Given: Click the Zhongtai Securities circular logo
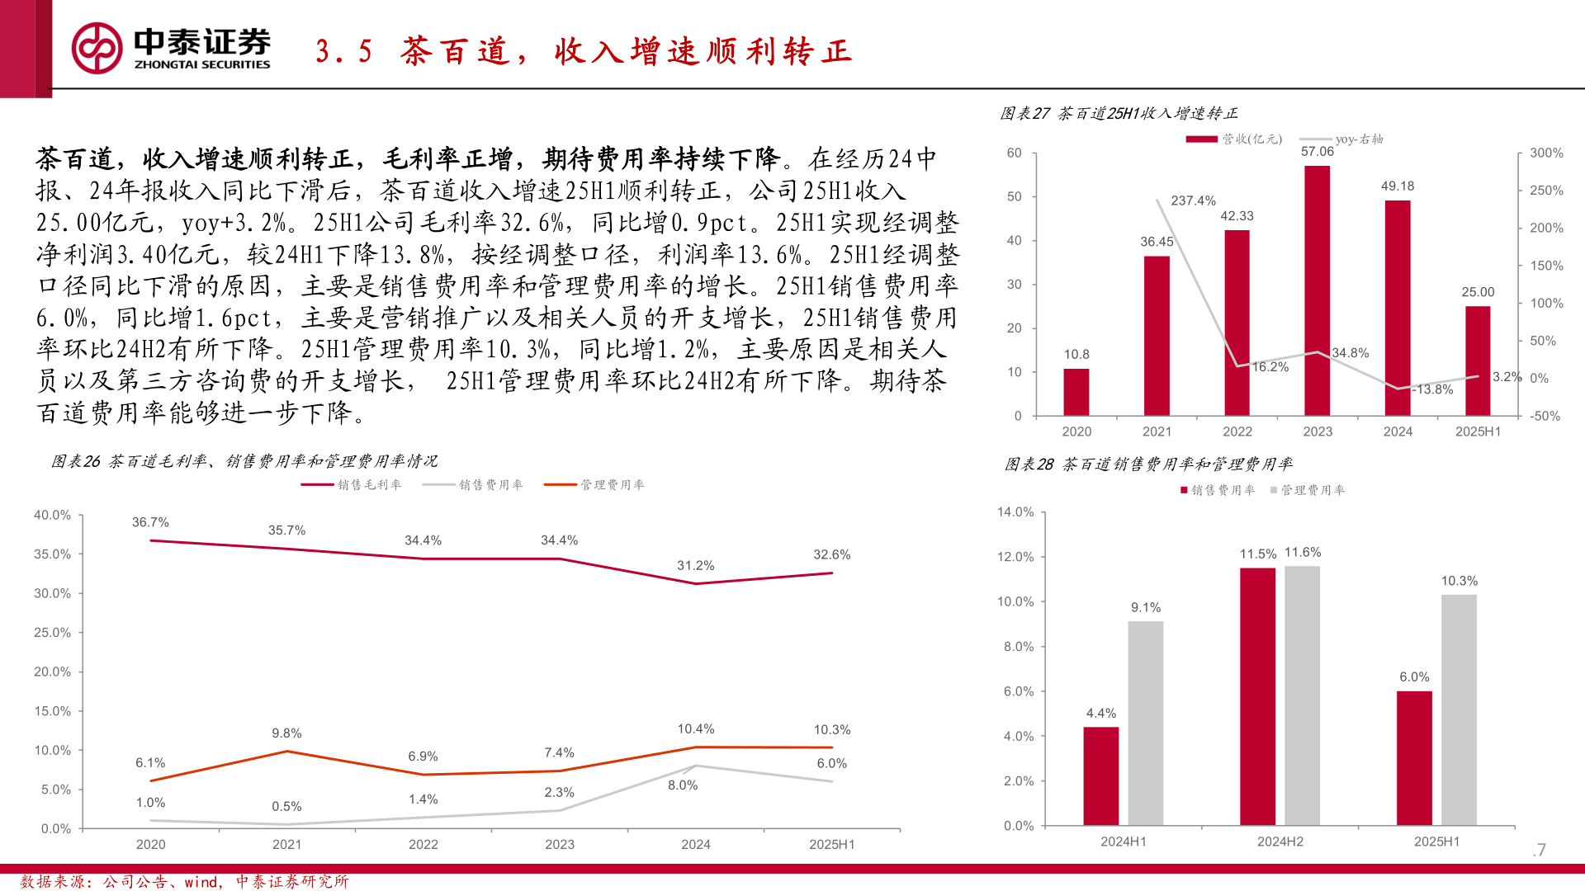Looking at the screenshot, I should coord(97,48).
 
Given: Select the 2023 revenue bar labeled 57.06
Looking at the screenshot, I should coord(1317,289).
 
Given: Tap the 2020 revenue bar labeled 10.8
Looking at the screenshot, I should coord(1076,391).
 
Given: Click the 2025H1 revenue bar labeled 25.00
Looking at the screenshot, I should coord(1478,360).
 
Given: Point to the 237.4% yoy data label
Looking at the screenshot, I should coord(1193,200).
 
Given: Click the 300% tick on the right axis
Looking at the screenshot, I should coord(1545,153).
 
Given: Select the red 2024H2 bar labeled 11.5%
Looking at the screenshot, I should coord(1257,695).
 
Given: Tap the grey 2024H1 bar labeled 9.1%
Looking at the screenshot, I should coord(1145,723).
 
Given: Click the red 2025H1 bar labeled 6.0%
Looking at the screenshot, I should coord(1414,757).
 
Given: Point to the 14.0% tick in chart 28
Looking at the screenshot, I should coord(1015,512).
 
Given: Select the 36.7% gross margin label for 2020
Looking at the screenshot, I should coord(150,522).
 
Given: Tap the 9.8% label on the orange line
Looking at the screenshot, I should coord(286,733).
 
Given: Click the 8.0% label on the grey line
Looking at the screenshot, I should coord(683,785).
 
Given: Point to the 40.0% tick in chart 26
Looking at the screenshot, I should coord(52,516).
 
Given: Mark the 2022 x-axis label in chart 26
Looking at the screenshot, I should coord(423,845).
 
